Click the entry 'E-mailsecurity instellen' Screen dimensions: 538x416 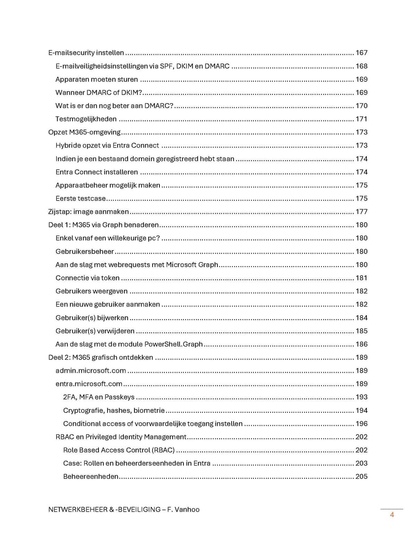click(x=86, y=53)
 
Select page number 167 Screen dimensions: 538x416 click(x=361, y=53)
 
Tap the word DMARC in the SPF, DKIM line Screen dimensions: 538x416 click(x=217, y=66)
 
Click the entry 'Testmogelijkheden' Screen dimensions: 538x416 click(x=86, y=119)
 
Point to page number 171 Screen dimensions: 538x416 click(x=361, y=119)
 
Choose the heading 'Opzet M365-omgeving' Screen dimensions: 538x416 click(x=84, y=132)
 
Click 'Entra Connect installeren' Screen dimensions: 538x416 click(x=97, y=172)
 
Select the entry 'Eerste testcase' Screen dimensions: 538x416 click(x=80, y=199)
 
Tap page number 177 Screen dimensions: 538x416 click(x=361, y=212)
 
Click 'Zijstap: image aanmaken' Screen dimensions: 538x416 click(x=88, y=212)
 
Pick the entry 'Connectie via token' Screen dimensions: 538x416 click(x=87, y=278)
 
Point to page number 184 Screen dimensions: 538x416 click(x=361, y=318)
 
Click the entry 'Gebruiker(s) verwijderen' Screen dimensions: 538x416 click(x=95, y=331)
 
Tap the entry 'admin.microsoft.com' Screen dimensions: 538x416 click(x=90, y=371)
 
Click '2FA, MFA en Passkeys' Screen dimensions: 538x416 click(x=99, y=397)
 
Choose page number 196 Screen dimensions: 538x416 click(x=361, y=424)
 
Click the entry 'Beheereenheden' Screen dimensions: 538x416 click(x=91, y=477)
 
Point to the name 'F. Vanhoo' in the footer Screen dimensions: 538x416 click(x=183, y=510)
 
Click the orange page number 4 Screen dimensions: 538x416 click(x=392, y=515)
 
